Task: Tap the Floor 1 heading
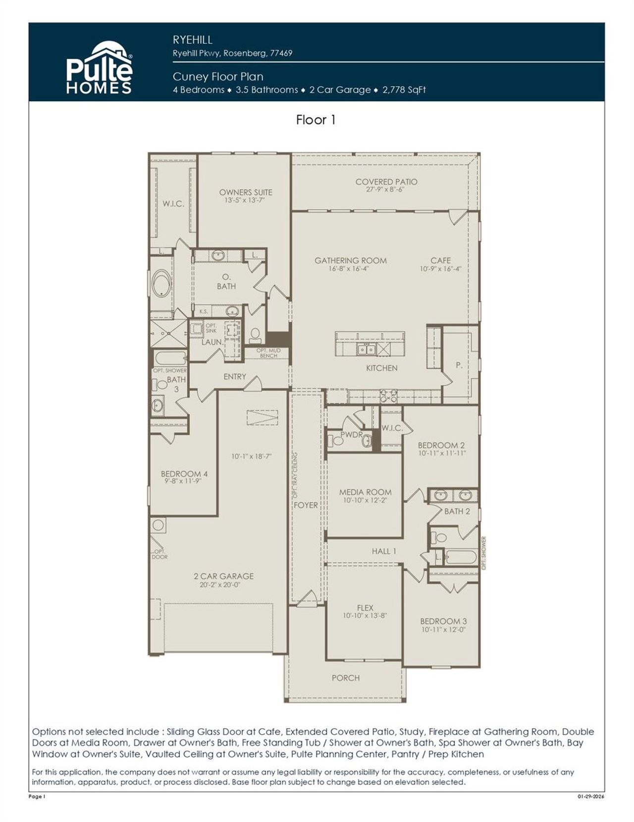click(x=316, y=120)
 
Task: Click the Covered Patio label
click(x=386, y=182)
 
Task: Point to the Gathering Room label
click(x=351, y=260)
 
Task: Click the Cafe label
click(x=441, y=260)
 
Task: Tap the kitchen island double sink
click(x=368, y=350)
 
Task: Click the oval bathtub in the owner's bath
click(x=161, y=283)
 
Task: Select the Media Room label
click(x=366, y=492)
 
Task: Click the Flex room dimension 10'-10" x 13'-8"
click(x=365, y=616)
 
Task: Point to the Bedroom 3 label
click(x=443, y=621)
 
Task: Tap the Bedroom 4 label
click(x=184, y=473)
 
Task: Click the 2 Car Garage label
click(x=223, y=576)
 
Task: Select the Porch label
click(x=346, y=678)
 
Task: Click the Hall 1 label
click(x=384, y=551)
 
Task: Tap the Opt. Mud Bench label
click(x=268, y=353)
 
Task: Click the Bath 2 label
click(x=457, y=511)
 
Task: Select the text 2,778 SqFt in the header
click(x=404, y=90)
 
